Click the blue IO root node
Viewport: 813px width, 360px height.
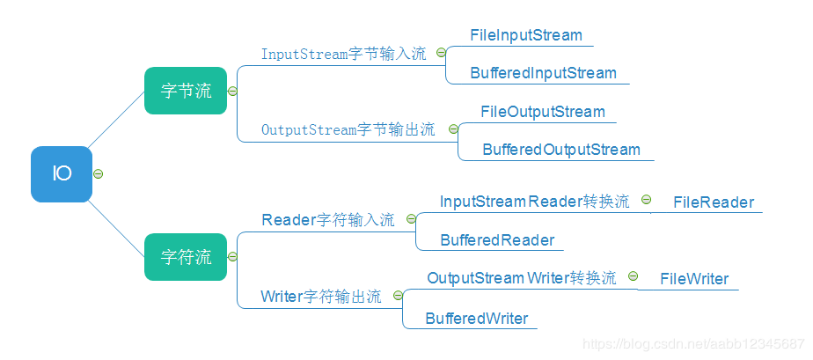point(62,174)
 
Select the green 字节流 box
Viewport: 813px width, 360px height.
point(186,91)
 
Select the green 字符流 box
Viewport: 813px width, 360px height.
point(186,257)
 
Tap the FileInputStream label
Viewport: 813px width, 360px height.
point(526,36)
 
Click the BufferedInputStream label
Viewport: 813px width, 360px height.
point(543,73)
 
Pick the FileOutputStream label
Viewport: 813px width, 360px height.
point(543,112)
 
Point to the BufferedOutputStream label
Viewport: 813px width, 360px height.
point(561,150)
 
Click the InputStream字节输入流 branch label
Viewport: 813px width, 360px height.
point(343,54)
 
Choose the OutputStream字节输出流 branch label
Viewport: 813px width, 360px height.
point(348,129)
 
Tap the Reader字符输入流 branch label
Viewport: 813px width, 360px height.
point(328,220)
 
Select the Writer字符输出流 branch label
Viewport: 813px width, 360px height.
point(321,297)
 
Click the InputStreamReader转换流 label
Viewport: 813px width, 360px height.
point(534,202)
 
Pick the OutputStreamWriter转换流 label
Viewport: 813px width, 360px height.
point(522,278)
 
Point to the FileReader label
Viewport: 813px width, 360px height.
point(714,202)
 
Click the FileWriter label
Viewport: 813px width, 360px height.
point(695,279)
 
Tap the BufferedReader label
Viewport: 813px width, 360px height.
point(497,240)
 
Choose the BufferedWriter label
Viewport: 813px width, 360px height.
point(477,319)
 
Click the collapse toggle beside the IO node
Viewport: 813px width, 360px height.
point(99,174)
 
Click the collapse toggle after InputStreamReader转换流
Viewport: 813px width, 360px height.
point(646,201)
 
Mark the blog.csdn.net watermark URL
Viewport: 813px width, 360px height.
point(694,343)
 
